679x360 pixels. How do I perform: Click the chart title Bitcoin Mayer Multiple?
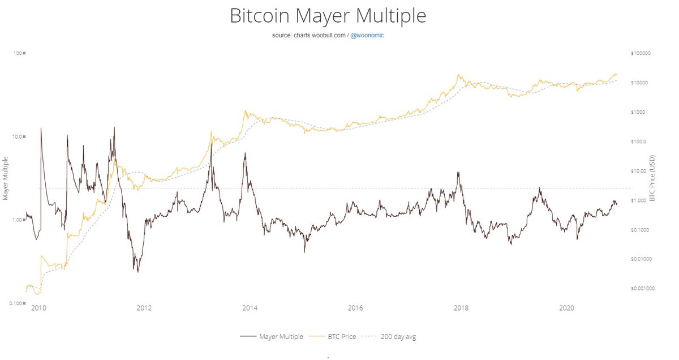[x=328, y=16]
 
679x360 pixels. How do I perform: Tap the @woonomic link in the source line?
[x=368, y=35]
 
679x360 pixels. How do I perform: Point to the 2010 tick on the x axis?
[x=38, y=308]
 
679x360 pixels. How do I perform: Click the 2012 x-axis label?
[x=144, y=308]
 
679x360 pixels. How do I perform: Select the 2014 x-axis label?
[x=250, y=308]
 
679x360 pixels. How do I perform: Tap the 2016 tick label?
[x=355, y=308]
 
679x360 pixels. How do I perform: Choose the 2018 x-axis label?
[x=461, y=308]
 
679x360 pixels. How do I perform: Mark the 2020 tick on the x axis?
[x=566, y=308]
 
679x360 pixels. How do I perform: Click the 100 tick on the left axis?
[x=18, y=53]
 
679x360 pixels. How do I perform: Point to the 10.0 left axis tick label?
[x=16, y=136]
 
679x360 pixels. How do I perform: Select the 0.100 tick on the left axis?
[x=15, y=303]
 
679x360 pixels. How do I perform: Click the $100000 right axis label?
[x=642, y=53]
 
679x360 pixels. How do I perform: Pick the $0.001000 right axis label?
[x=643, y=288]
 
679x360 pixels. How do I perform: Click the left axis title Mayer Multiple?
[x=6, y=178]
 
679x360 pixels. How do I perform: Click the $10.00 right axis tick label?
[x=639, y=171]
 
